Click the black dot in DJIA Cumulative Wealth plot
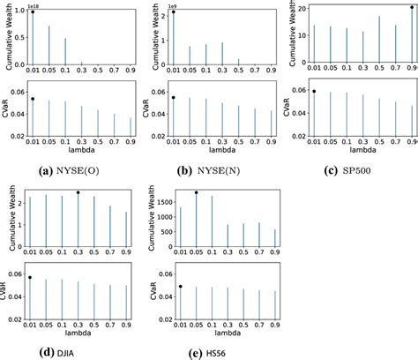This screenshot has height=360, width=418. tap(78, 192)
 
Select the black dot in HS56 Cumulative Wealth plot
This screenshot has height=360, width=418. tap(196, 192)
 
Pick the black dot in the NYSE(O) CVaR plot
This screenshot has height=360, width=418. tap(33, 99)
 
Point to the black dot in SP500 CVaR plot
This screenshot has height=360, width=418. tap(314, 91)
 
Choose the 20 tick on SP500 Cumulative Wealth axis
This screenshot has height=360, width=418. tap(300, 8)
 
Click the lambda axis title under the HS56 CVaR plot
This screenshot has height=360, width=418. tap(223, 333)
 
